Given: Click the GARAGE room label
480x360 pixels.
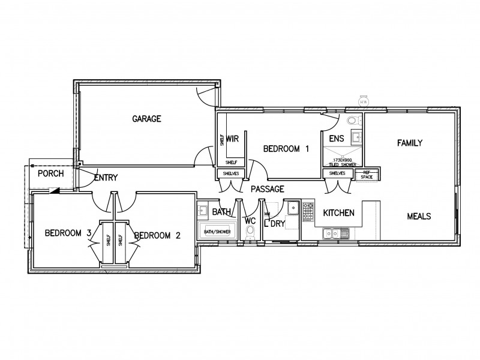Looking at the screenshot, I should point(146,119).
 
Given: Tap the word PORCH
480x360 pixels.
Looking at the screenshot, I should point(50,174).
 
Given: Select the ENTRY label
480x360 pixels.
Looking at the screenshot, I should point(106,178).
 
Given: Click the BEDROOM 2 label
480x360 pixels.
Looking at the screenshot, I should point(157,236).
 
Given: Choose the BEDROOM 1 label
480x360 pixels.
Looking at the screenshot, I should point(286,149).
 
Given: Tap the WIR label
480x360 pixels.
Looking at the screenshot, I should point(233,138).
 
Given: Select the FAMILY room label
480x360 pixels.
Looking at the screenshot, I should point(410,143).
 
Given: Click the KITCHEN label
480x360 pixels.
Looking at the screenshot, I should point(338,213).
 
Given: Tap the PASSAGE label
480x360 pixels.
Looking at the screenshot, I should point(267,189).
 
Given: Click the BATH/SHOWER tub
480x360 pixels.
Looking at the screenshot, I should point(218,231).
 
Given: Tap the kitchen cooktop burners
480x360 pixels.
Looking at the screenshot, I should point(308,211).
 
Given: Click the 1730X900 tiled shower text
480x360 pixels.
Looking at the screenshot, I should point(342,161).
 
